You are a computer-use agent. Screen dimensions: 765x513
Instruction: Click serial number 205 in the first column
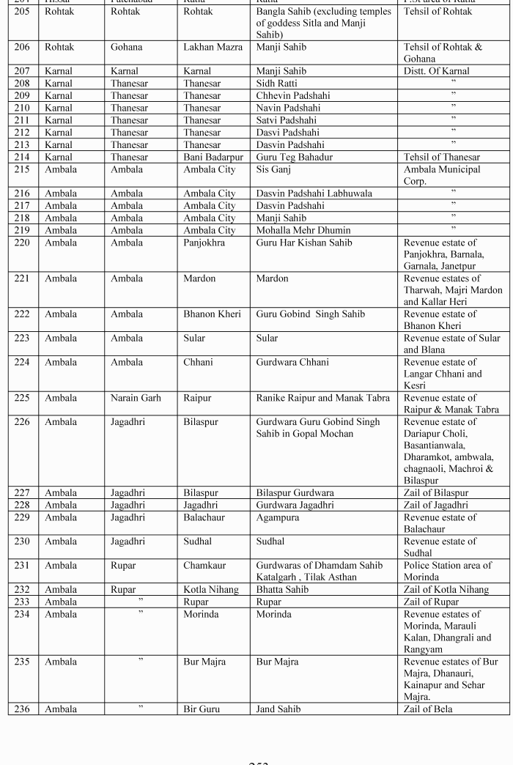click(23, 12)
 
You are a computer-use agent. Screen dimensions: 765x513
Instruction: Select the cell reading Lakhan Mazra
click(213, 48)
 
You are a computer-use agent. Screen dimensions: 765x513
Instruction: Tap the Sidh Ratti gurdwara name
click(276, 84)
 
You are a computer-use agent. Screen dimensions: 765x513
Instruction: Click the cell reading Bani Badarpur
click(213, 157)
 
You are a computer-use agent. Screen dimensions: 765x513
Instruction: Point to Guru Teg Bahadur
click(294, 157)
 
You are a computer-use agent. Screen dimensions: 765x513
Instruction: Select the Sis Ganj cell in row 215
click(273, 169)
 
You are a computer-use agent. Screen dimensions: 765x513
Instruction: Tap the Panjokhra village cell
click(204, 243)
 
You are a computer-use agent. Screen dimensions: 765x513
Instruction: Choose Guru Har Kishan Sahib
click(303, 243)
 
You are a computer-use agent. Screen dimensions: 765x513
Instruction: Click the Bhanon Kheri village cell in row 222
click(212, 314)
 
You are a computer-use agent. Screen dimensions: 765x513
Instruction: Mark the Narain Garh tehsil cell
click(136, 399)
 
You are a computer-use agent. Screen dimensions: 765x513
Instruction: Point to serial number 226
click(23, 422)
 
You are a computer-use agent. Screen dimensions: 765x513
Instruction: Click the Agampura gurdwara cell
click(277, 517)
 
